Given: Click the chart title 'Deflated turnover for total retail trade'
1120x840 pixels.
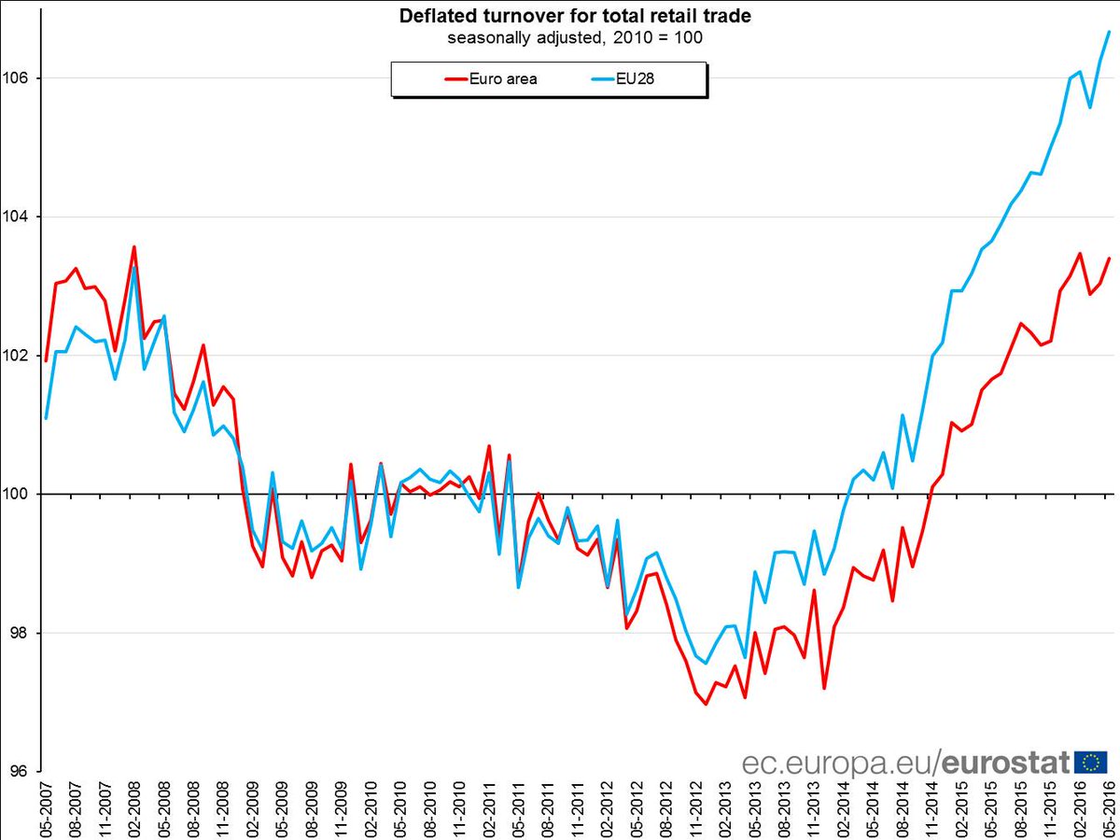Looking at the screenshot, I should pos(574,16).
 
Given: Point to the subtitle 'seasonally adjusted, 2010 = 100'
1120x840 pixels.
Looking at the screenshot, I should pos(574,38).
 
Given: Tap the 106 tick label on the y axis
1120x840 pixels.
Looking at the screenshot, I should pos(18,78).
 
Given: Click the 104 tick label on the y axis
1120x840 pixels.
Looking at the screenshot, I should pos(18,217).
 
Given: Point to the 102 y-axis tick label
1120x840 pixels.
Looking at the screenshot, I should pos(18,356).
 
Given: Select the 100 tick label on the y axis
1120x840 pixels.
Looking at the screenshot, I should pos(18,494).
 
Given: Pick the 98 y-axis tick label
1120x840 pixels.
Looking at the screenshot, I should pos(18,633).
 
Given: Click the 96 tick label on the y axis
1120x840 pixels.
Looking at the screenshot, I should pos(18,771).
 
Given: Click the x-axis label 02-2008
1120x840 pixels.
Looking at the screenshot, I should pos(134,806).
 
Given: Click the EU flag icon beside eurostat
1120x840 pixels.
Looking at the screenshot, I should pos(1090,763).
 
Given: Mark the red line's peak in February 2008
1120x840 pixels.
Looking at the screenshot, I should pos(134,247).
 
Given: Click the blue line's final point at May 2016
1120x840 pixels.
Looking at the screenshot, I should pos(1108,32).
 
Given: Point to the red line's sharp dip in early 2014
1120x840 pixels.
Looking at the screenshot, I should pos(824,688).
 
